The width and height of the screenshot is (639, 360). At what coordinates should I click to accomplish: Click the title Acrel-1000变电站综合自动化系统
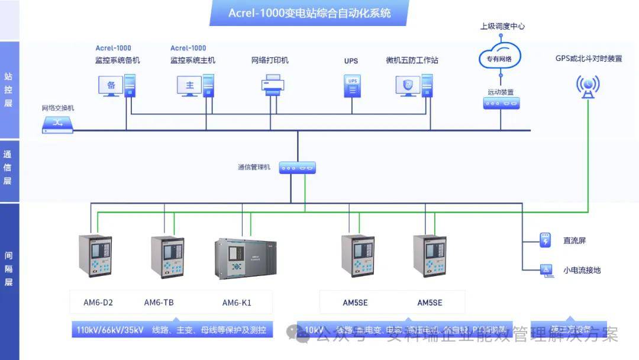coord(309,12)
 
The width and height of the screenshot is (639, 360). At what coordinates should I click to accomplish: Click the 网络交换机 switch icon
coord(58,123)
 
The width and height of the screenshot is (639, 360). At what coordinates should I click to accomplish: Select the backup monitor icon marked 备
coord(111,85)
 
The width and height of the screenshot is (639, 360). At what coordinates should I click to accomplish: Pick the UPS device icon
coord(352,85)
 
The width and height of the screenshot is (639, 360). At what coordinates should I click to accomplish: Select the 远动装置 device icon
coord(501,103)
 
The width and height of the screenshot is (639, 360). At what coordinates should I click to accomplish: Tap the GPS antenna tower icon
coord(588,86)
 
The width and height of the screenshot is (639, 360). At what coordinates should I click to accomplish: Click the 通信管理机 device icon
coord(298,168)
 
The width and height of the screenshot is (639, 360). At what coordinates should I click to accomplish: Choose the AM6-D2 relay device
coord(95,256)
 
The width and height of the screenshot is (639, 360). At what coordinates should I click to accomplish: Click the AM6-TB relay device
coord(167,256)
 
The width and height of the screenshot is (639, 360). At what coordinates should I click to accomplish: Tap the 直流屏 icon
coord(545,240)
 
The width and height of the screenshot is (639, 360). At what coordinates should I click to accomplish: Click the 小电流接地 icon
coord(545,270)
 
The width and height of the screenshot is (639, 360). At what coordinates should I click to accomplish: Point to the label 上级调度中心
coord(502,26)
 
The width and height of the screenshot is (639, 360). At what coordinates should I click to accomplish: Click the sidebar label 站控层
coord(8,90)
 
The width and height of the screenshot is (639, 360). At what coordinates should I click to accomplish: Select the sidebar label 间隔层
coord(8,269)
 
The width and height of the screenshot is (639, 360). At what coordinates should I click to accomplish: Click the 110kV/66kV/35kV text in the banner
coord(110,330)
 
